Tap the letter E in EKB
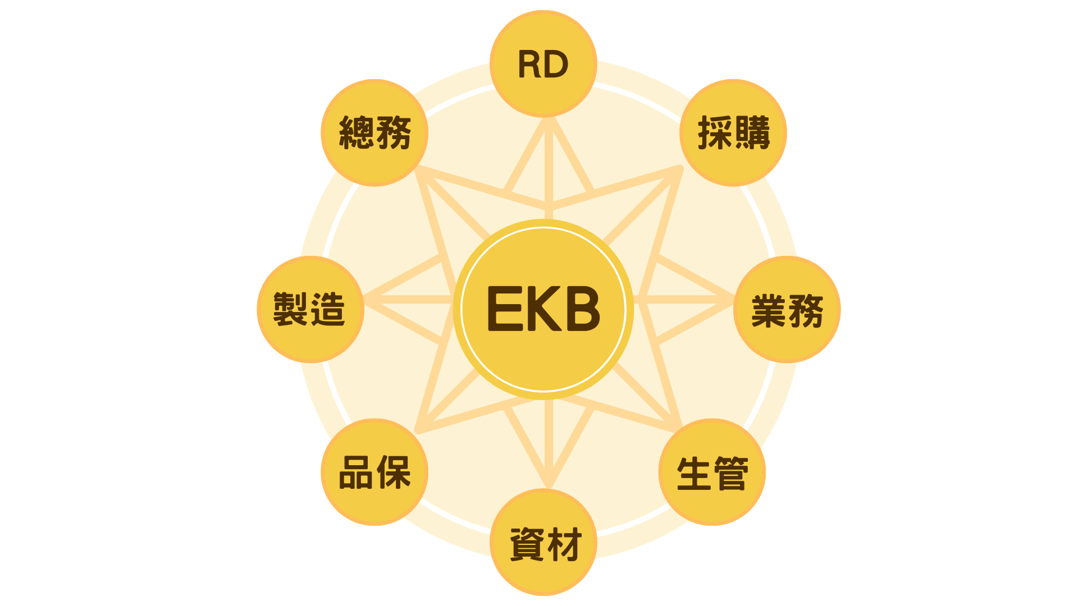pos(505,309)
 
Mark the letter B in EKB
pos(581,309)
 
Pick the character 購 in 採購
pos(752,133)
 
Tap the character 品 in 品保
pos(356,472)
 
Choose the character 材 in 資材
pos(563,544)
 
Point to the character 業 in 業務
pos(769,310)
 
